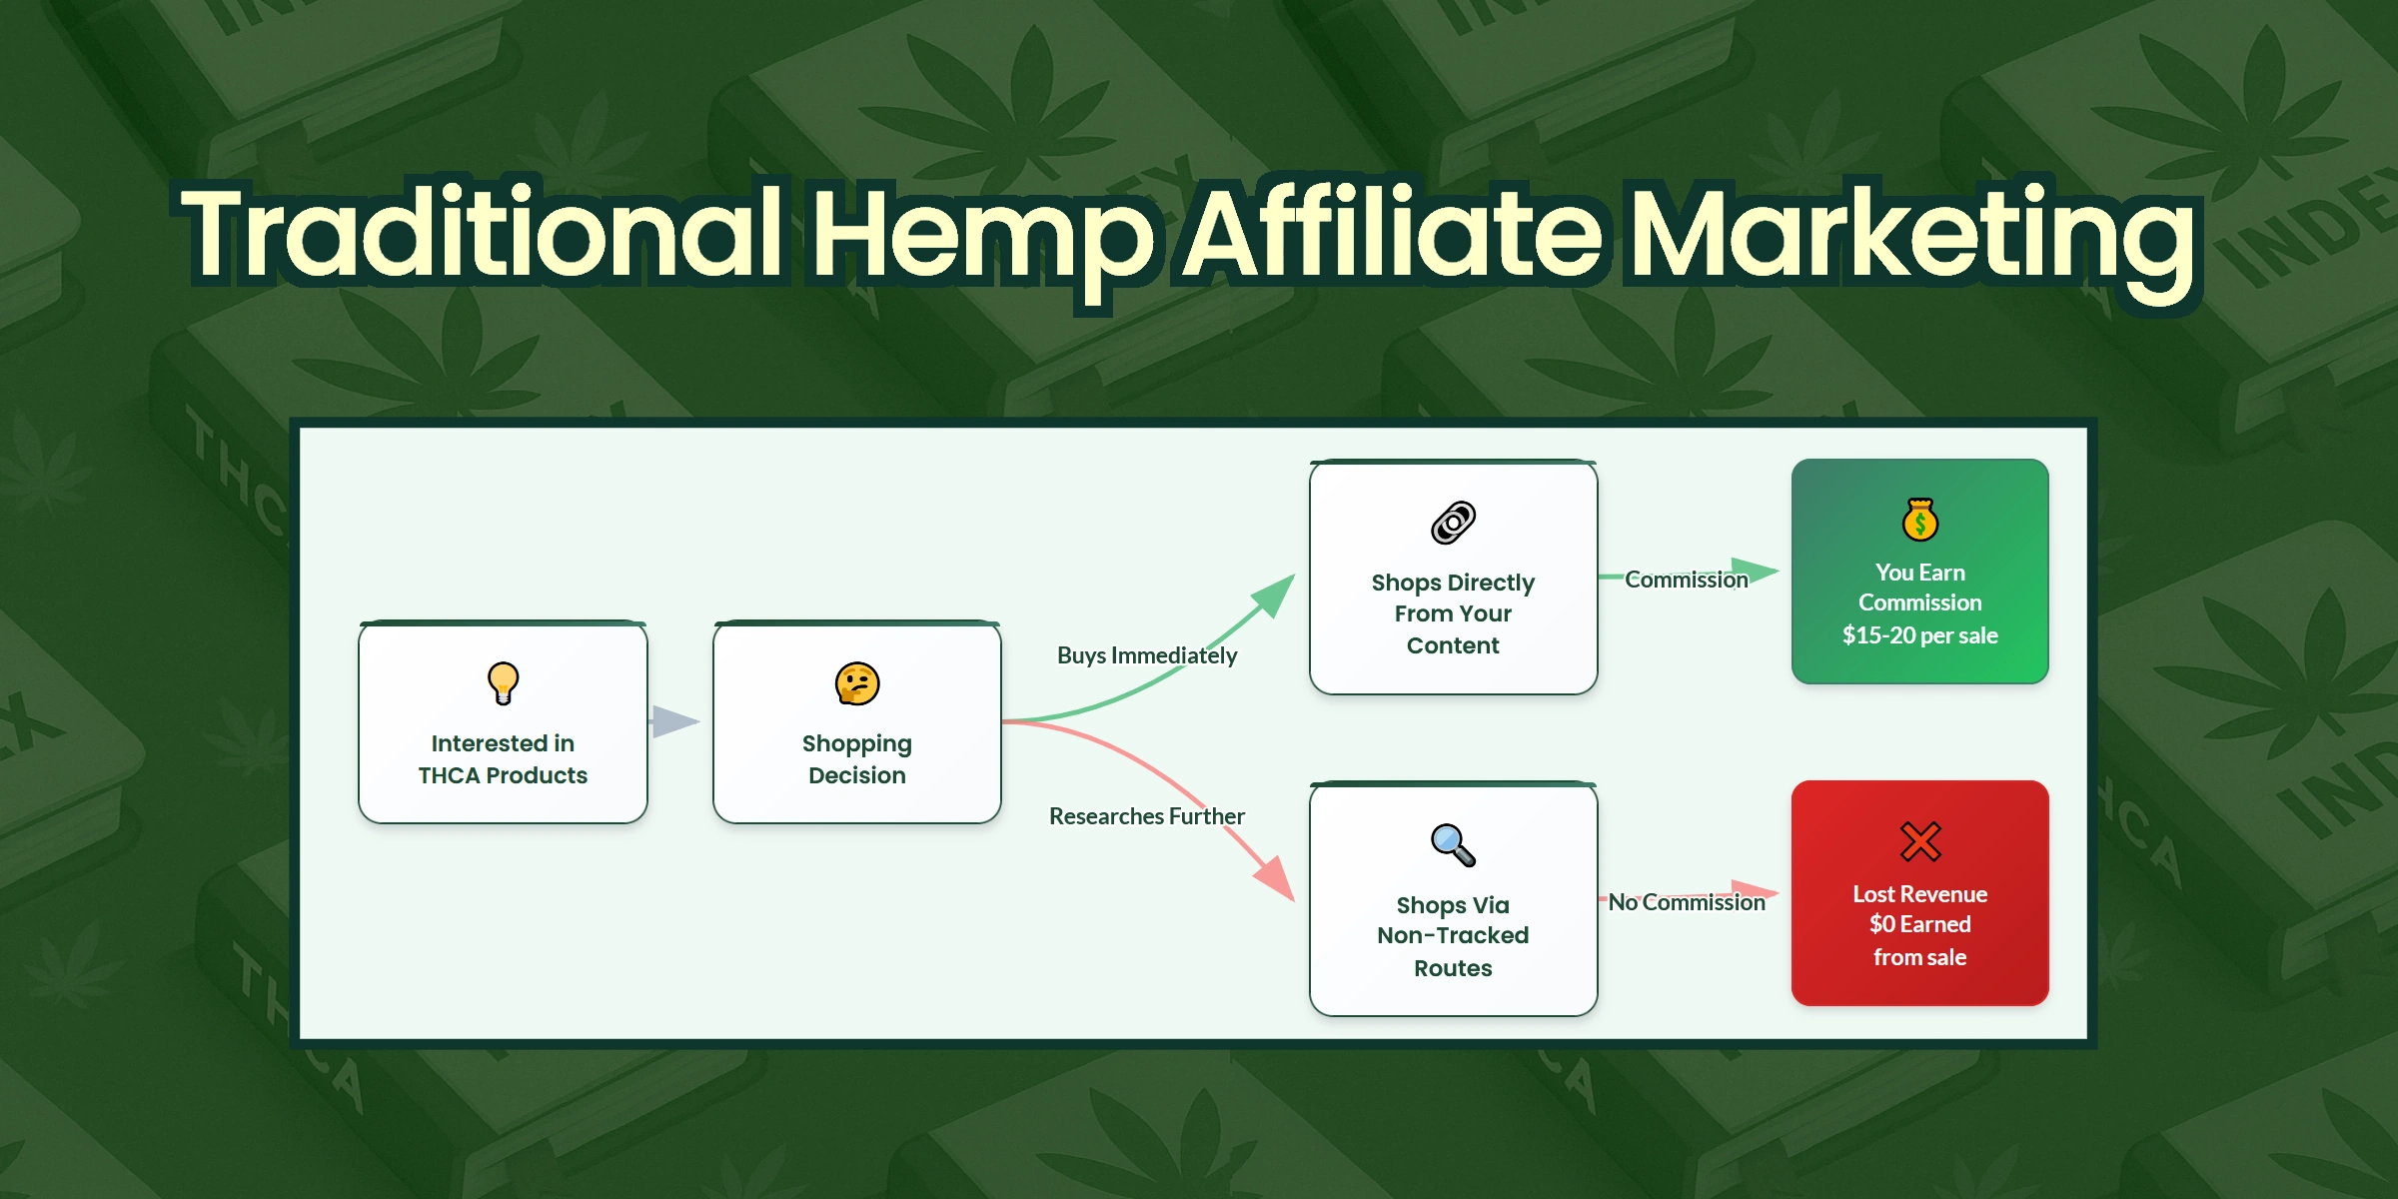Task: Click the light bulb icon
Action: click(x=503, y=683)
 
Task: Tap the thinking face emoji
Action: click(x=857, y=684)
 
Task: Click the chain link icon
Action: click(x=1453, y=523)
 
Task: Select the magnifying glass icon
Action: click(x=1453, y=845)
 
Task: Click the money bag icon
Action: click(x=1919, y=520)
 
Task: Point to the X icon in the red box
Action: click(x=1919, y=841)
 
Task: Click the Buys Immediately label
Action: click(x=1147, y=655)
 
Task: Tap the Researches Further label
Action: click(x=1147, y=816)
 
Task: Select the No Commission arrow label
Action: click(x=1687, y=902)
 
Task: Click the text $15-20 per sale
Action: click(x=1919, y=635)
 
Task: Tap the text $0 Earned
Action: click(x=1919, y=924)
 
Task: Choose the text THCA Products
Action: click(x=503, y=775)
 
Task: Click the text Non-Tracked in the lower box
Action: click(x=1453, y=935)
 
